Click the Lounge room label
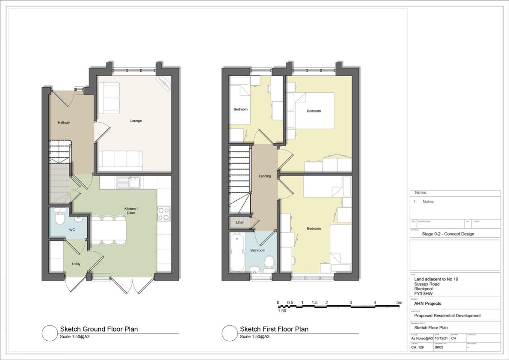click(136, 121)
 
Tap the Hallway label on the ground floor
click(64, 123)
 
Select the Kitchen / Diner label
click(131, 210)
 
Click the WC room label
click(72, 230)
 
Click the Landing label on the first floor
click(265, 176)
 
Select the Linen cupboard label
click(240, 222)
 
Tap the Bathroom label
click(257, 250)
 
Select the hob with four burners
click(164, 214)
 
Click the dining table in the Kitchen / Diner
click(108, 230)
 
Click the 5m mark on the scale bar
click(399, 303)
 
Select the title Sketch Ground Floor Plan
click(99, 329)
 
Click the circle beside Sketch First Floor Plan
click(230, 333)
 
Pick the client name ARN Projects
click(428, 304)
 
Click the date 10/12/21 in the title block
click(441, 338)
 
